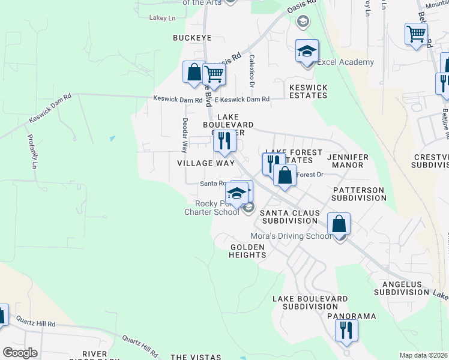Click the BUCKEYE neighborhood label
192,38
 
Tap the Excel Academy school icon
307,51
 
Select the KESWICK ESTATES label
309,91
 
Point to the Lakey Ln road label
163,18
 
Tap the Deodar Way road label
185,135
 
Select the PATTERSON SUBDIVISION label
358,194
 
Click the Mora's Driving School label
291,236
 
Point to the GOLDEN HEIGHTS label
248,251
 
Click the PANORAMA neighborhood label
351,316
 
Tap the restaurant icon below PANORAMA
346,330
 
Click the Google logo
20,353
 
